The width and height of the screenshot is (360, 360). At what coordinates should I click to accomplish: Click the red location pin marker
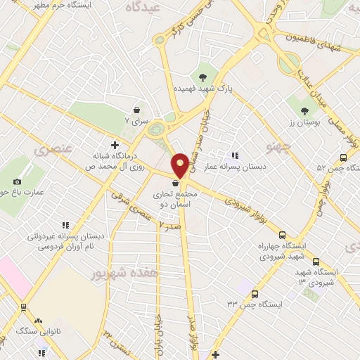pos(181,165)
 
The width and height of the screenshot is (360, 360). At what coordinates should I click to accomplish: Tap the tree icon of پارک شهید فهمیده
pos(202,77)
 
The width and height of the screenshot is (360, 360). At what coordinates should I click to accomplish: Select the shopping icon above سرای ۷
pos(138,110)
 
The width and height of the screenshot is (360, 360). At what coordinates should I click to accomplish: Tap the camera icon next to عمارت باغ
pos(17,181)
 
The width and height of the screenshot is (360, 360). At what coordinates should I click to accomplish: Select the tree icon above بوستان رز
pos(304,110)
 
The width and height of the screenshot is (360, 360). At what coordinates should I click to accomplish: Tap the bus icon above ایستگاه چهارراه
pos(282,236)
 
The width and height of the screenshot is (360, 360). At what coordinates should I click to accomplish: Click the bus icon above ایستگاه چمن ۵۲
pos(343,157)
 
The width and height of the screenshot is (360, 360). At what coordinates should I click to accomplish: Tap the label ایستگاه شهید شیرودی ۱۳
pos(326,276)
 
